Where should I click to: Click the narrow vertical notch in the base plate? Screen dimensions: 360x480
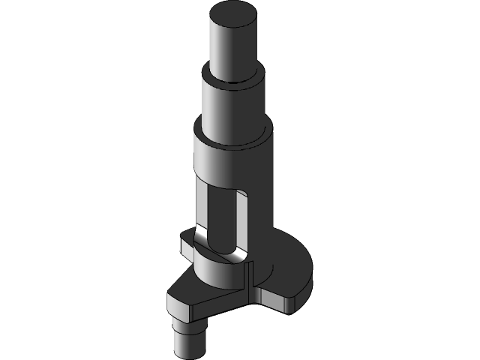point(246,284)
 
